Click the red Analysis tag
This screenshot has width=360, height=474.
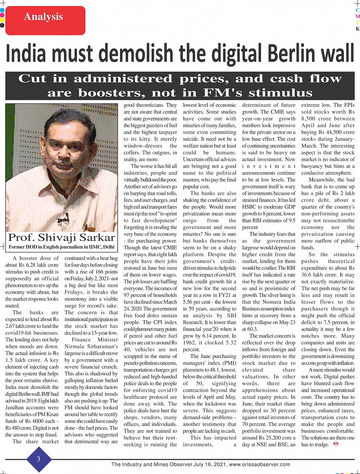pos(44,17)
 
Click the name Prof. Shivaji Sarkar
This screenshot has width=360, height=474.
pos(62,237)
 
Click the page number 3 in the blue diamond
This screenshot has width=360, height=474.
pos(38,459)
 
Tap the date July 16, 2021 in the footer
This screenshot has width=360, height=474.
pos(208,464)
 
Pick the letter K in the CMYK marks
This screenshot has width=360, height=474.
pos(357,29)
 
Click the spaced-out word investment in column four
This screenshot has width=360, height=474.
pos(269,166)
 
